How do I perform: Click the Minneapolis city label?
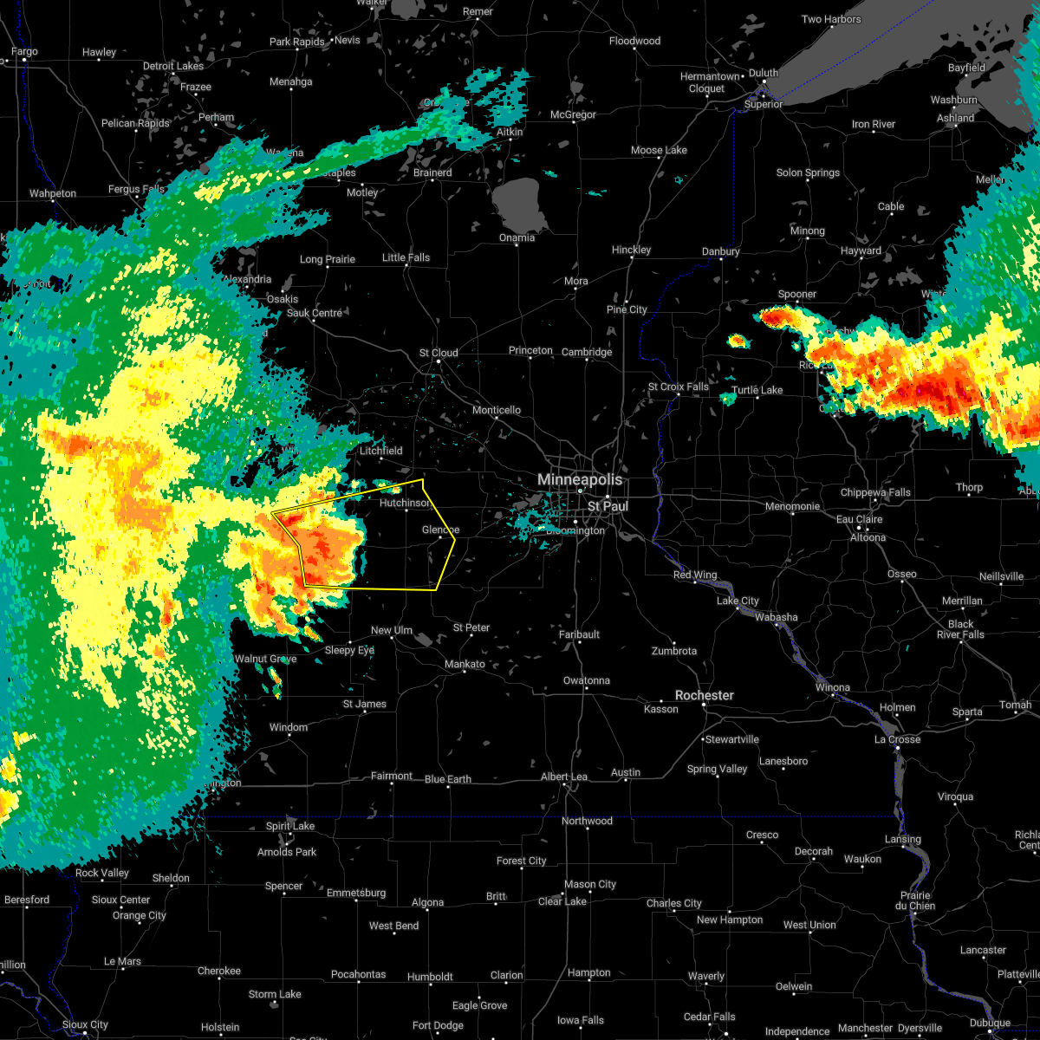(580, 479)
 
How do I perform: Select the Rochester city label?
(705, 696)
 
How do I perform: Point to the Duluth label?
(764, 73)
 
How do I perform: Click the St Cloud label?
(439, 353)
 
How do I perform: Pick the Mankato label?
(465, 665)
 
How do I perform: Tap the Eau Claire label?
(859, 519)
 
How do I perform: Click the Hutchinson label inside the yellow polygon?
(406, 503)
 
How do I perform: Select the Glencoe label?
(440, 530)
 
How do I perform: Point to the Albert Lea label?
(564, 777)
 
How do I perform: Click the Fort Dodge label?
(438, 1025)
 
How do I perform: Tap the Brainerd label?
(432, 172)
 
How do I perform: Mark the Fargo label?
(24, 52)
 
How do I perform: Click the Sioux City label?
(85, 1025)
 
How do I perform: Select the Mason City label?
(590, 884)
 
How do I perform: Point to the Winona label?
(833, 688)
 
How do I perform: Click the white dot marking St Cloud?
(439, 362)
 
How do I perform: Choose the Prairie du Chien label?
(916, 900)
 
